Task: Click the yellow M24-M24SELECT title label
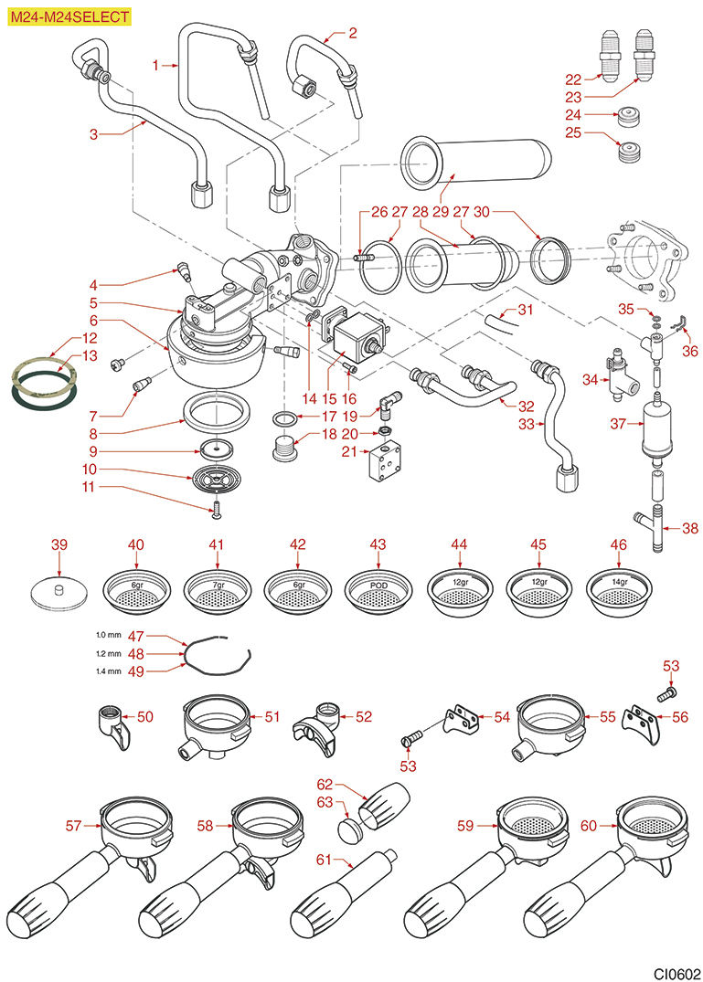pyautogui.click(x=69, y=16)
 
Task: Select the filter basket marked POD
pyautogui.click(x=378, y=590)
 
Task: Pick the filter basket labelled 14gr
pyautogui.click(x=619, y=589)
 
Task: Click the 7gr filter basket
pyautogui.click(x=217, y=590)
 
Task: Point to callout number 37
pyautogui.click(x=620, y=424)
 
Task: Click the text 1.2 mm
pyautogui.click(x=108, y=653)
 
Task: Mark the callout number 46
pyautogui.click(x=619, y=544)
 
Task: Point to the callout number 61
pyautogui.click(x=323, y=860)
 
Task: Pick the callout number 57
pyautogui.click(x=75, y=826)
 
